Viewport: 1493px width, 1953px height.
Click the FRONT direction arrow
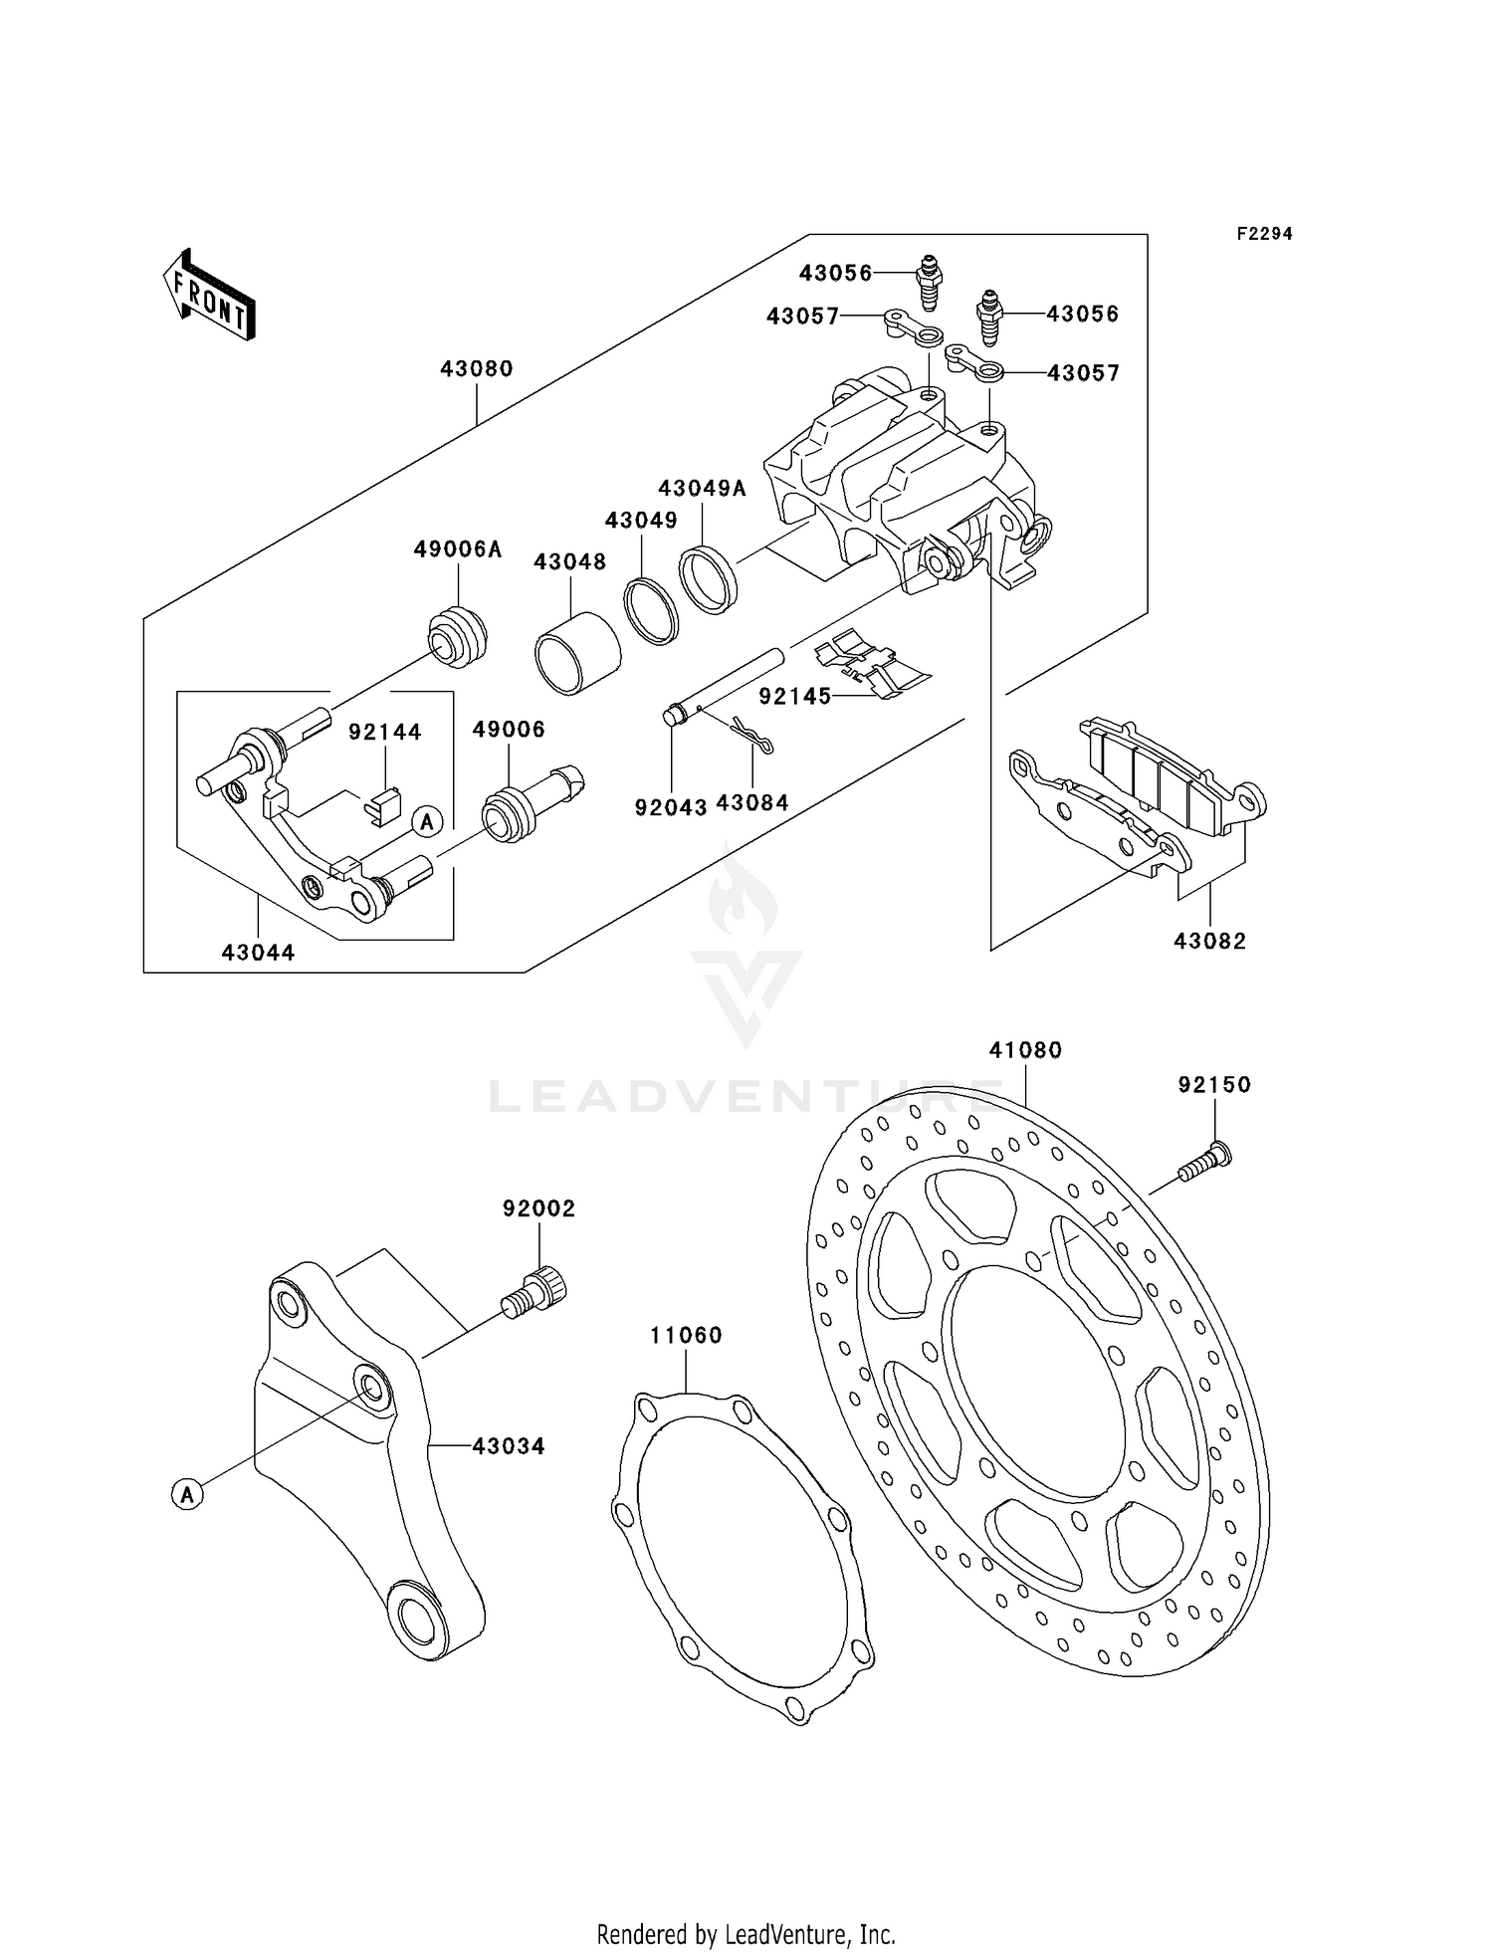[x=209, y=297]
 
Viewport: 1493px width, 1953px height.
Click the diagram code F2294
[x=1264, y=234]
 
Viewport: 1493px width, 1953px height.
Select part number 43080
[x=477, y=369]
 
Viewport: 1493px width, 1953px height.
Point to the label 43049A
[x=702, y=489]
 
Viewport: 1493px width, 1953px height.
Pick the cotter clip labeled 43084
[x=752, y=737]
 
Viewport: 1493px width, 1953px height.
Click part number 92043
[x=671, y=807]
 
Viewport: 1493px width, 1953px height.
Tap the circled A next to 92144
[x=427, y=822]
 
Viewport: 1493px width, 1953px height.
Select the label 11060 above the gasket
[x=686, y=1335]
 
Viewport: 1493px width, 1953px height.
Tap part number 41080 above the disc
[x=1025, y=1050]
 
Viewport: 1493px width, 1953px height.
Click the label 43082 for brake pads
[x=1209, y=941]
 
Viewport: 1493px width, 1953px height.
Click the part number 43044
[x=258, y=953]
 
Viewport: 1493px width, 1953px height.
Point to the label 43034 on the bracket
[x=509, y=1446]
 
